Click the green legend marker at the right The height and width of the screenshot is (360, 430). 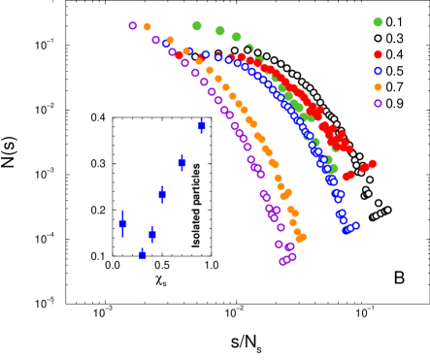coord(378,22)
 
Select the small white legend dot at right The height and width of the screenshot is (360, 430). coord(378,39)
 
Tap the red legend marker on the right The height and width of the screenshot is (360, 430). coord(378,55)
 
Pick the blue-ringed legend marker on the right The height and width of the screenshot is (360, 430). coord(378,71)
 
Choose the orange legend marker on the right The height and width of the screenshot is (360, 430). coord(378,87)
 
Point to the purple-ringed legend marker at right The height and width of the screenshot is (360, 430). coord(378,103)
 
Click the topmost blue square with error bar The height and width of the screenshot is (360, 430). coord(201,125)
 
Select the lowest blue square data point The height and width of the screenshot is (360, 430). coord(143,255)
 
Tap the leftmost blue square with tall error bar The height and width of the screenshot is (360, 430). coord(122,224)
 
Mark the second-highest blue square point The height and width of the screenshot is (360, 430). coord(182,162)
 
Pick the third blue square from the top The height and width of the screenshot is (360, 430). coord(162,194)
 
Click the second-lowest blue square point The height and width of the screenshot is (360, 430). coord(152,234)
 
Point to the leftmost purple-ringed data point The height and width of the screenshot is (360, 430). coord(133,26)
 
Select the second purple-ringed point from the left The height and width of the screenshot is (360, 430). coord(155,40)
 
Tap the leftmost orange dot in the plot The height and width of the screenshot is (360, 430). coord(147,27)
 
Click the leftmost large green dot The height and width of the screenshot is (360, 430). coord(197,26)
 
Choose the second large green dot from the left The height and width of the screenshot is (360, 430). coord(219,31)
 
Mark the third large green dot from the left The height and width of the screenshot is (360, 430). coord(236,37)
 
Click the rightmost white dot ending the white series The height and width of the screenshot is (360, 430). coord(387,210)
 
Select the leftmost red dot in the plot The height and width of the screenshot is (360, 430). coord(178,53)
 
